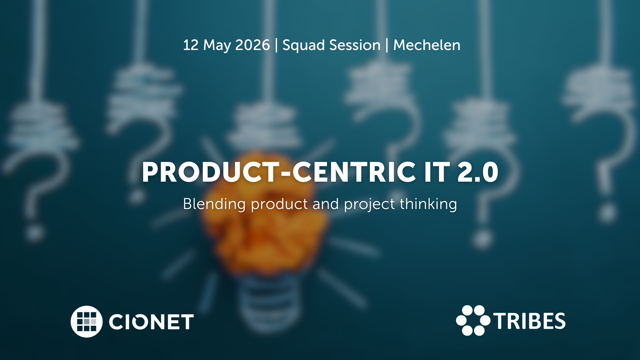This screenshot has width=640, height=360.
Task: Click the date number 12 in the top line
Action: click(191, 45)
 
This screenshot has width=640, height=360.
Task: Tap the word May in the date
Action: click(217, 46)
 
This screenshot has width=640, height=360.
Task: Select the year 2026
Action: click(252, 45)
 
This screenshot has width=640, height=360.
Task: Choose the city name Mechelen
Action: click(427, 45)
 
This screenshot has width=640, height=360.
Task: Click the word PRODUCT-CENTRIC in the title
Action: click(279, 172)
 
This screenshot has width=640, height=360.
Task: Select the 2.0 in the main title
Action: click(478, 172)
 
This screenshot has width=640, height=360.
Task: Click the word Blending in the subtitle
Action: click(214, 204)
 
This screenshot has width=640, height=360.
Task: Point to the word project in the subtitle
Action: click(369, 205)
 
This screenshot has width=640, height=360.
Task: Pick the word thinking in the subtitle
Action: click(428, 204)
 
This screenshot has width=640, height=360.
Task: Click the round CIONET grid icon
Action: click(87, 322)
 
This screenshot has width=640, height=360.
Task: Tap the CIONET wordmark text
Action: click(151, 322)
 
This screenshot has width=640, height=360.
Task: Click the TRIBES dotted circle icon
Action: click(473, 320)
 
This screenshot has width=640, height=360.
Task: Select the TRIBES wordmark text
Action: click(529, 321)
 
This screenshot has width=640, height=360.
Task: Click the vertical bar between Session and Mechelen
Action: click(387, 45)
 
